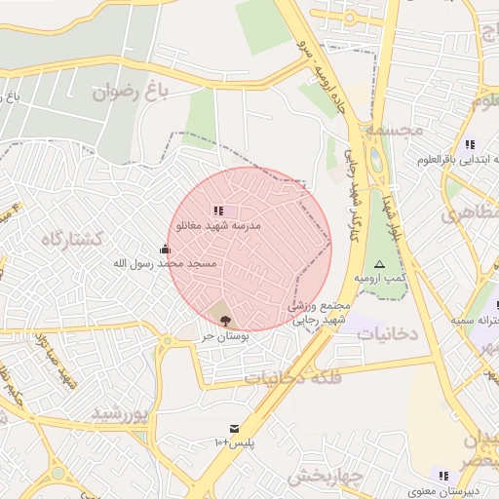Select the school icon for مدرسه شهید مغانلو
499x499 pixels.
click(218, 210)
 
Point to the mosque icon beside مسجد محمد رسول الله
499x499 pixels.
click(164, 249)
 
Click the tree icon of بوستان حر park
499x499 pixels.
click(226, 319)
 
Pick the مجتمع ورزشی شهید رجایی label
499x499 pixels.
click(313, 313)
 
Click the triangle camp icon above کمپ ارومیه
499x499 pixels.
click(379, 264)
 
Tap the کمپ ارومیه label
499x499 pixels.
click(379, 279)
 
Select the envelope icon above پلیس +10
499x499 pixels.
click(234, 428)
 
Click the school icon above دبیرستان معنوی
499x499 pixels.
click(444, 476)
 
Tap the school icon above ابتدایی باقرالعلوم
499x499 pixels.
click(470, 144)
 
